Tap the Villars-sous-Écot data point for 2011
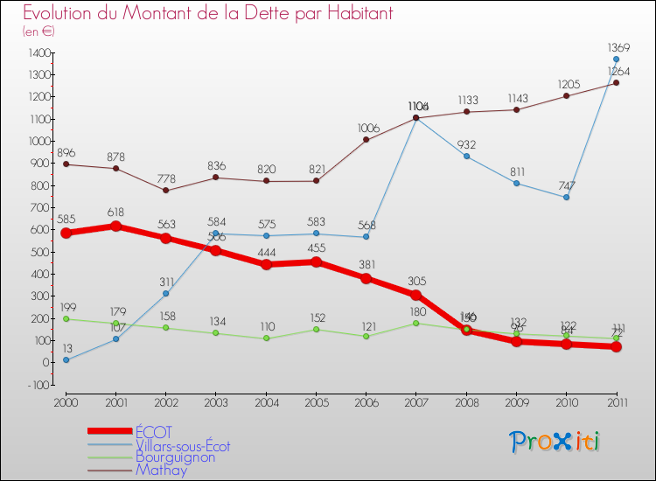click(616, 59)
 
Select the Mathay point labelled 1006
click(366, 140)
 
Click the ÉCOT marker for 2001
click(116, 226)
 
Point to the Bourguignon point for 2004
click(266, 338)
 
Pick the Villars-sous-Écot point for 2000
click(66, 359)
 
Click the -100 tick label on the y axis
click(38, 385)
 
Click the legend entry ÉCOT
click(154, 432)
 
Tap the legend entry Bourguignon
click(176, 457)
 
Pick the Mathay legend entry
click(161, 470)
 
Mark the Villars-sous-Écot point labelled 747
click(566, 197)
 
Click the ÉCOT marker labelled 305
click(416, 295)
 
